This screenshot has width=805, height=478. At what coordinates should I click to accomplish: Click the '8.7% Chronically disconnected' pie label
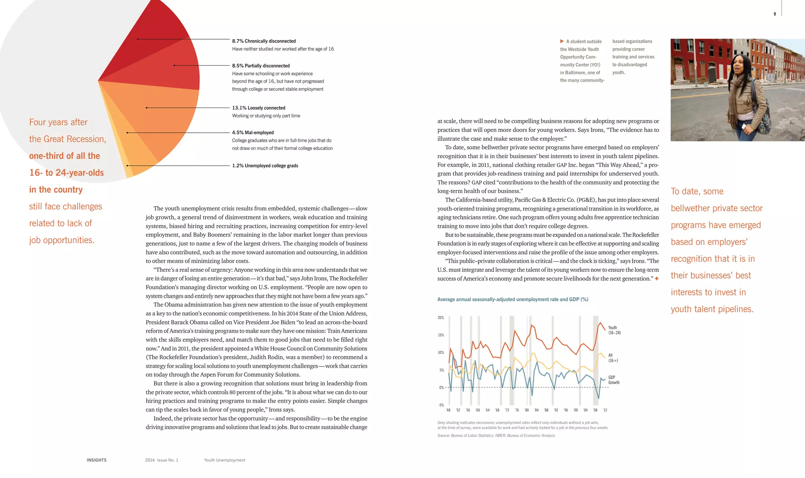(264, 41)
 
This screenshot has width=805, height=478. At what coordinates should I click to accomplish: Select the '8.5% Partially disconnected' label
(261, 66)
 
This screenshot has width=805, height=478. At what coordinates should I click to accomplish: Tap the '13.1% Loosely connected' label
(259, 108)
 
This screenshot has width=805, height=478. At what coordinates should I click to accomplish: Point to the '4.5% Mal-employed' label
(253, 133)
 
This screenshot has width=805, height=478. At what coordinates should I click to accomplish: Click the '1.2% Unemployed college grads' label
(265, 166)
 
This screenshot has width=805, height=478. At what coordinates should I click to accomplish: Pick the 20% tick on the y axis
(441, 318)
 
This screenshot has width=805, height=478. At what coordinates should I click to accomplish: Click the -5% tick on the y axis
(441, 405)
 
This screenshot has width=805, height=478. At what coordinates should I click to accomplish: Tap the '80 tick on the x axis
(526, 410)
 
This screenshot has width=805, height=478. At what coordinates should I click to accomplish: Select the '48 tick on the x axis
(448, 410)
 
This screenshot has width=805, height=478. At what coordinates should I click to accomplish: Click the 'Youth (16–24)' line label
(614, 330)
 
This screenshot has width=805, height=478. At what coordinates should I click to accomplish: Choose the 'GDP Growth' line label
(614, 380)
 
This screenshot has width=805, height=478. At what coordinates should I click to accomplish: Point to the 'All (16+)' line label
(613, 358)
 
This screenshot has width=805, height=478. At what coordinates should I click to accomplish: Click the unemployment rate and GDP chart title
(513, 300)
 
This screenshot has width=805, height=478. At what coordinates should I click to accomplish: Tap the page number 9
(775, 14)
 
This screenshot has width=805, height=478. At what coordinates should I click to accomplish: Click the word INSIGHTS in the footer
(97, 460)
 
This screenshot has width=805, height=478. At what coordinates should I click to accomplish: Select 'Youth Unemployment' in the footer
(224, 460)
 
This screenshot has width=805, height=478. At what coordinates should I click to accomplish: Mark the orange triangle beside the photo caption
(562, 41)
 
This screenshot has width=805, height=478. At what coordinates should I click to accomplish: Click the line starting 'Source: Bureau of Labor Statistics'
(496, 436)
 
